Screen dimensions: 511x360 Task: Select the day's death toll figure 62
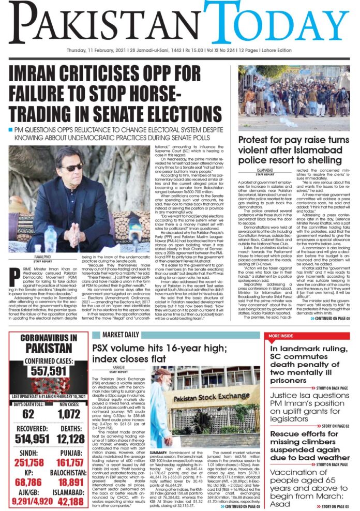pyautogui.click(x=27, y=414)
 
